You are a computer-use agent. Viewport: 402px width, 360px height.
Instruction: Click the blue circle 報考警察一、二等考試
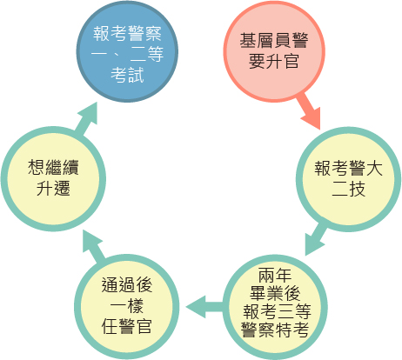[x=127, y=51]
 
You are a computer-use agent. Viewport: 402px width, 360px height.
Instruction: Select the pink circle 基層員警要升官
[x=274, y=51]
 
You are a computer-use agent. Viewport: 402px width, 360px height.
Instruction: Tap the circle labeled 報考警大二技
[x=348, y=179]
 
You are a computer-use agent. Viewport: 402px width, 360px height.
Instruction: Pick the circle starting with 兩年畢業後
[x=275, y=307]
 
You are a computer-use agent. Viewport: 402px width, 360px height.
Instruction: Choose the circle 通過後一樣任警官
[x=127, y=307]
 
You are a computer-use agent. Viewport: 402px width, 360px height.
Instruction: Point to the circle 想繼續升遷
[x=53, y=178]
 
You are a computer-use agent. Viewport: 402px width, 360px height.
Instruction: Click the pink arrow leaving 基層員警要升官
[x=309, y=110]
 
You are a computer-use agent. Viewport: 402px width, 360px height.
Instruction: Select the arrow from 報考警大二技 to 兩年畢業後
[x=315, y=239]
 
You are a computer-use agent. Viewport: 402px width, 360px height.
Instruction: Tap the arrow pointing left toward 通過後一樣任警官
[x=204, y=307]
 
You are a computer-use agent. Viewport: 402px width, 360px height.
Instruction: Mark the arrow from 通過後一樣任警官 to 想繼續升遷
[x=93, y=244]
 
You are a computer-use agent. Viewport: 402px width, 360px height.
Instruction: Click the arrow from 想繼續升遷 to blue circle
[x=86, y=119]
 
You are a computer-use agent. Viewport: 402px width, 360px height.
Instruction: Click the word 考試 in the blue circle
[x=127, y=75]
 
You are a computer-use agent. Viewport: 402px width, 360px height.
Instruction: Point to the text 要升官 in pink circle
[x=274, y=61]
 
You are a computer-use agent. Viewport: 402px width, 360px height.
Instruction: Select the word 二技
[x=348, y=189]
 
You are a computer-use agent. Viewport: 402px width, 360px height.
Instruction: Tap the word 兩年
[x=275, y=275]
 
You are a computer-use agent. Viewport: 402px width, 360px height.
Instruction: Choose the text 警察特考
[x=275, y=329]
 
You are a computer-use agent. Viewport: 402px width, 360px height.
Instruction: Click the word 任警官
[x=127, y=326]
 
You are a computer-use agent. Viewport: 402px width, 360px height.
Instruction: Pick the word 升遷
[x=53, y=188]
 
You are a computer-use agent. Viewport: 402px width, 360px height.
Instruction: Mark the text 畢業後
[x=275, y=293]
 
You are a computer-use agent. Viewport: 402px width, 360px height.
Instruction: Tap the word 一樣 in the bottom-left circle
[x=127, y=306]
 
